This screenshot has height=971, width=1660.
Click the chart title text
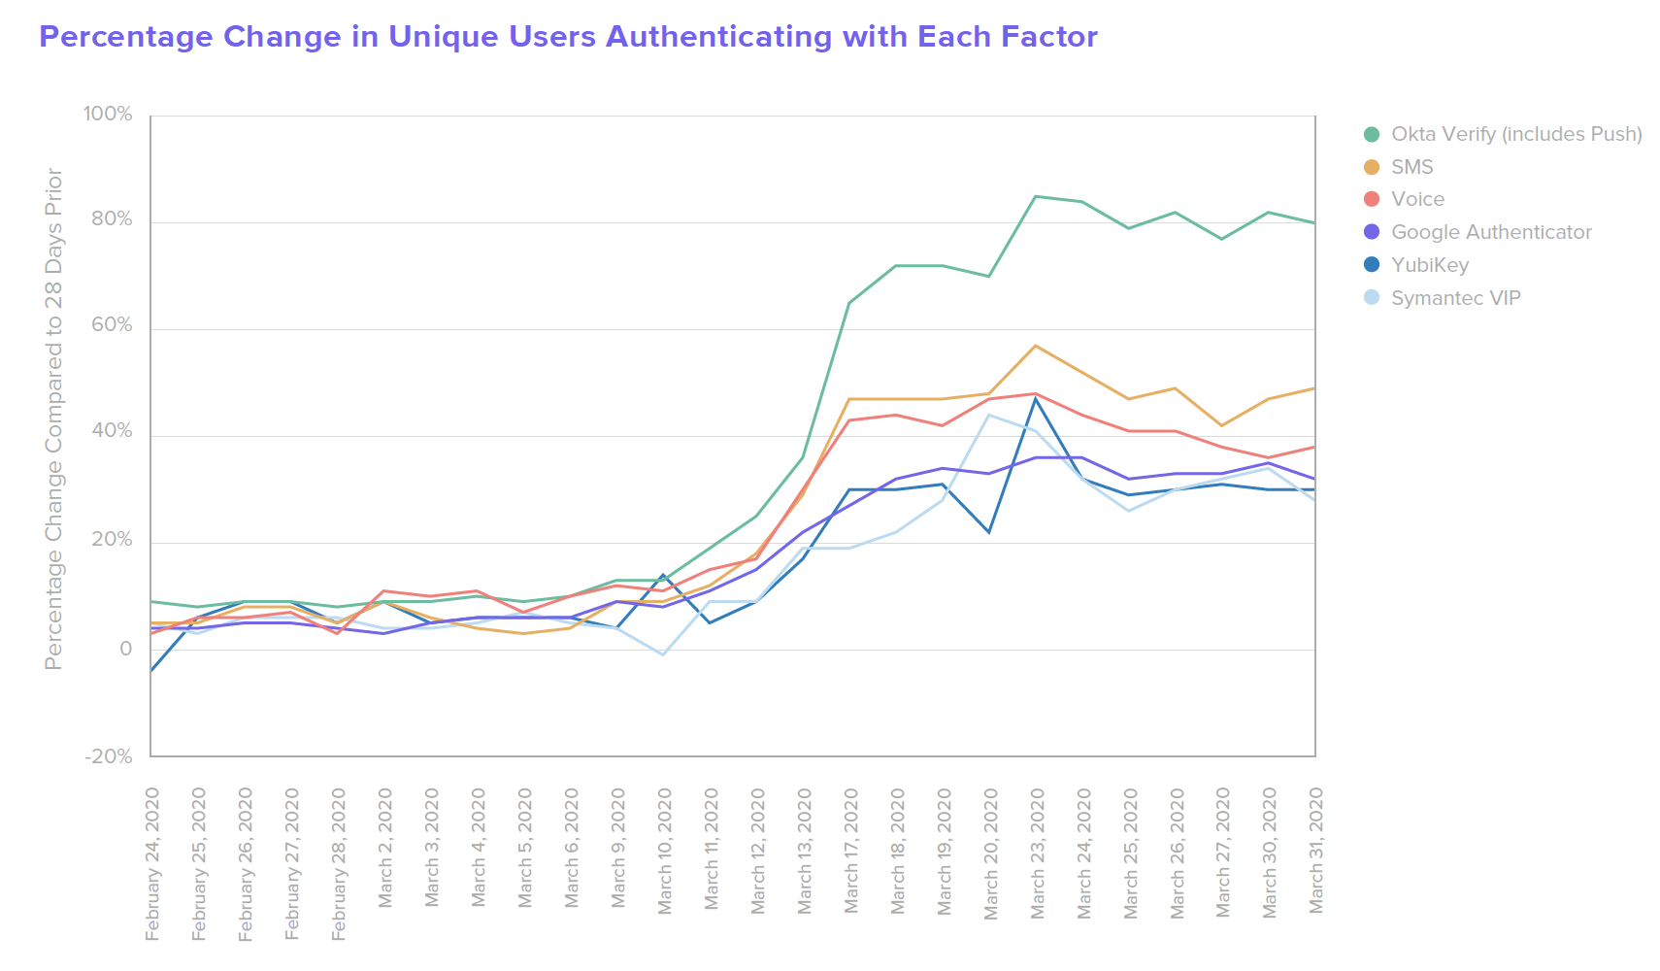click(568, 37)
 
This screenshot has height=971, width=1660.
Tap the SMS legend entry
click(1411, 167)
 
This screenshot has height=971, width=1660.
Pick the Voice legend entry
click(1417, 199)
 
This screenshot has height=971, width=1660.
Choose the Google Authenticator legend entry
click(1490, 232)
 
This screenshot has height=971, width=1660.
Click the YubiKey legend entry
click(1429, 265)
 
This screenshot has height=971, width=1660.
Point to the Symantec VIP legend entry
click(1455, 298)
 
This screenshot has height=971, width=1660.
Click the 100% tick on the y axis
click(108, 115)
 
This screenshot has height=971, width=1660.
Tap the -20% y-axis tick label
click(109, 756)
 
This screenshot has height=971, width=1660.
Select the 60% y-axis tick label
click(112, 325)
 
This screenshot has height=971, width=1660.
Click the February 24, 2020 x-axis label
click(152, 864)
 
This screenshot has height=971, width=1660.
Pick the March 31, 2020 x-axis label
click(1316, 850)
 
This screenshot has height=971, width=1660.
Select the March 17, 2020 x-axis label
click(850, 850)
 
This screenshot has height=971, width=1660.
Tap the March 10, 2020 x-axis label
click(664, 850)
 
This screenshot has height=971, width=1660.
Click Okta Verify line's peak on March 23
click(1036, 196)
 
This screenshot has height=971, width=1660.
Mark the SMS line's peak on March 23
click(1036, 346)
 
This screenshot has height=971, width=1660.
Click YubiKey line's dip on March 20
click(989, 532)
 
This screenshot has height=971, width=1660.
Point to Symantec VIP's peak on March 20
click(989, 415)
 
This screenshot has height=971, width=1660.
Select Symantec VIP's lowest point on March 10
click(663, 654)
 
